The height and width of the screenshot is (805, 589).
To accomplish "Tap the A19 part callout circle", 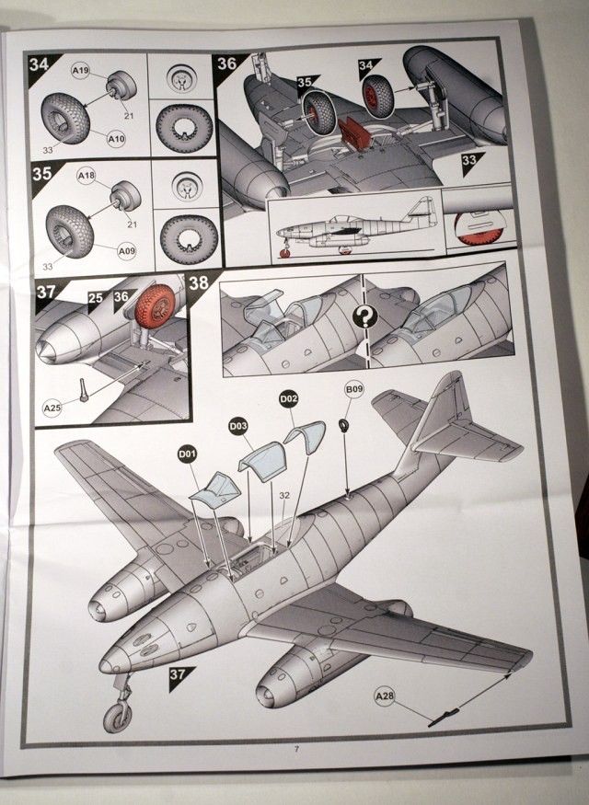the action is click(x=80, y=69).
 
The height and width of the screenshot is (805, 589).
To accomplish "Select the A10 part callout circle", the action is click(x=116, y=139).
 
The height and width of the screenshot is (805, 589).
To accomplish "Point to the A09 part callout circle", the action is click(x=129, y=248).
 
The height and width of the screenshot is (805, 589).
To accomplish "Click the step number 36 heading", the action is click(x=225, y=64).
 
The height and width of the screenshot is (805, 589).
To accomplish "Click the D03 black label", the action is click(x=238, y=427).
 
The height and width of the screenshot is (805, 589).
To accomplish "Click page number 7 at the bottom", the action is click(x=296, y=748).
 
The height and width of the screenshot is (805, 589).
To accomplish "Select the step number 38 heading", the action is click(x=199, y=282).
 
